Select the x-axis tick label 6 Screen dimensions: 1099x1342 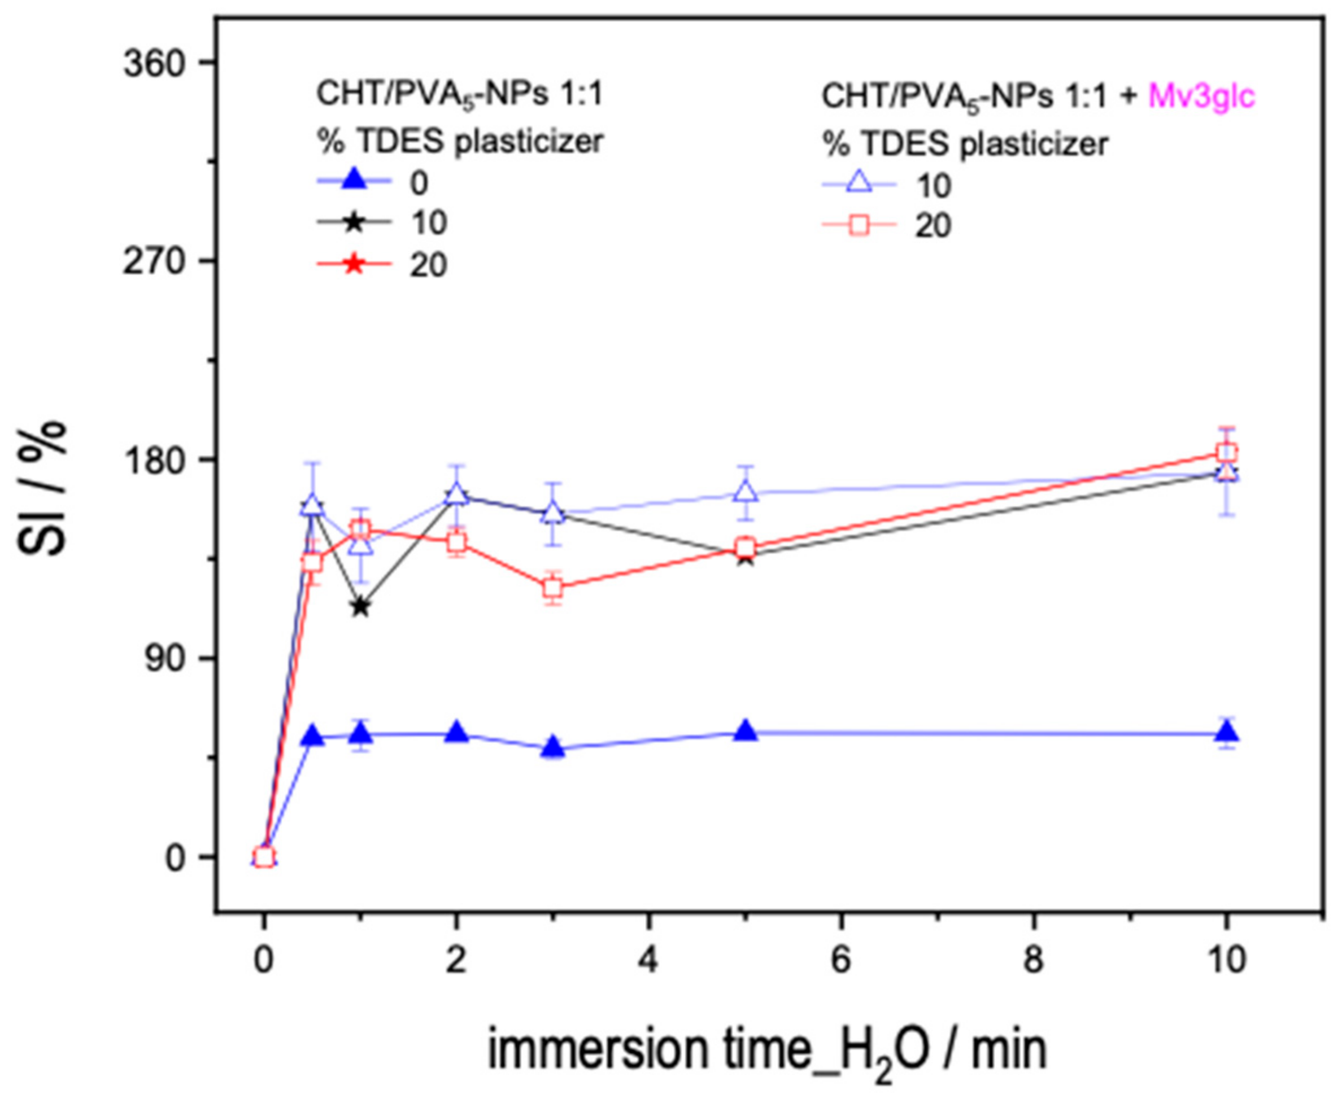tap(840, 960)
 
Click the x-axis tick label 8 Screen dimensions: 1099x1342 tap(1034, 960)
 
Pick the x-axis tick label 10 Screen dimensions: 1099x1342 tap(1226, 960)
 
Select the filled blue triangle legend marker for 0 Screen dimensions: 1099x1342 tap(354, 182)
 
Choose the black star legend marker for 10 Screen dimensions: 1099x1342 tap(354, 224)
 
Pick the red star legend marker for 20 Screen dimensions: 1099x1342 tap(354, 265)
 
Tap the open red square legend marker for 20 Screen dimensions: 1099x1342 tap(860, 225)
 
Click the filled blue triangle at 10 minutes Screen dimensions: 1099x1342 tap(1227, 733)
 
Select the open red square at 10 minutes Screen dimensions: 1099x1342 tap(1227, 452)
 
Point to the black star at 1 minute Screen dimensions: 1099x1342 tap(361, 606)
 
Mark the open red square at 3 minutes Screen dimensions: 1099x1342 tap(554, 588)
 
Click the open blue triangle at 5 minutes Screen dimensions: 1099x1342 tap(747, 491)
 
